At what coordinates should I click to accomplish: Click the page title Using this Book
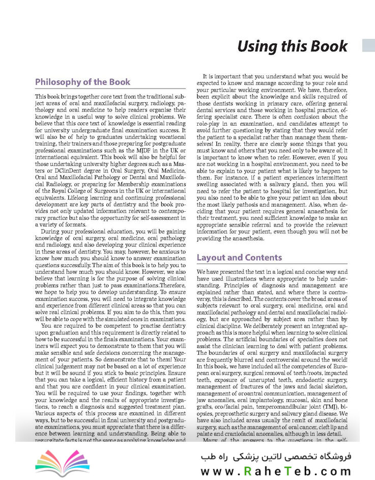pyautogui.click(x=293, y=46)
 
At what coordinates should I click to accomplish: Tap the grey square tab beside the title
pyautogui.click(x=368, y=45)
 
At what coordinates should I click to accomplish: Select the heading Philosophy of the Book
pyautogui.click(x=82, y=82)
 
